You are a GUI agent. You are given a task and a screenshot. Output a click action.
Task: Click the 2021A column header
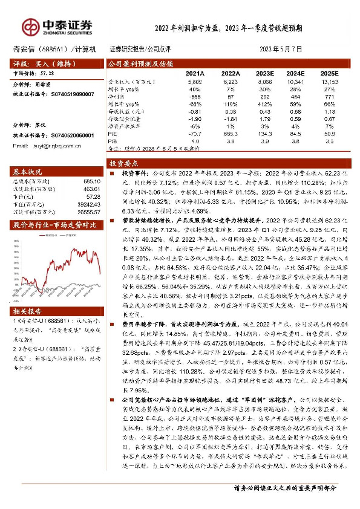(195, 73)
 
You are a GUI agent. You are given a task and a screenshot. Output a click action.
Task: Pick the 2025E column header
(329, 73)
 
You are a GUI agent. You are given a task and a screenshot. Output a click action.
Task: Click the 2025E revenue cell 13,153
(329, 81)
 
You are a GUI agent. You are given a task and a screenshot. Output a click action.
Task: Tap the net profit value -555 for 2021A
(195, 96)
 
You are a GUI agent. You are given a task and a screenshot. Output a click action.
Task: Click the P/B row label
(113, 141)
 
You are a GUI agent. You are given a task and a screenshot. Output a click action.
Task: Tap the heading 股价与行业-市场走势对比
(54, 225)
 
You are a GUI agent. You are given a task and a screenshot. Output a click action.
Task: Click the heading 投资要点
(124, 163)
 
